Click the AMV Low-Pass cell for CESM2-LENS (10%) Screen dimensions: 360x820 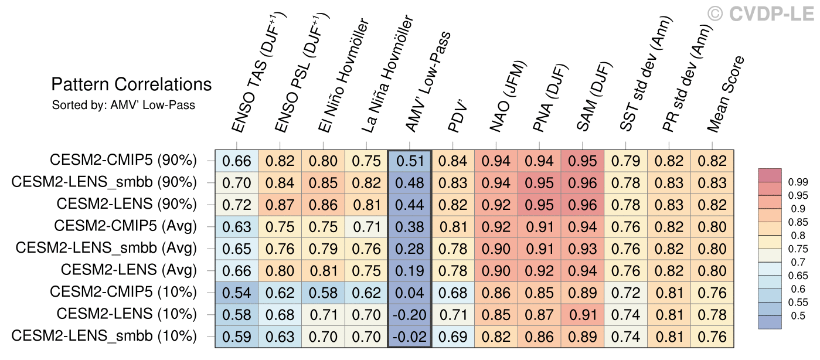pos(410,315)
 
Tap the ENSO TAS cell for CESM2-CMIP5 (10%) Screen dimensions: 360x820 pos(236,293)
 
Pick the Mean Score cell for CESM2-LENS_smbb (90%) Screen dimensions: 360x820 pos(712,183)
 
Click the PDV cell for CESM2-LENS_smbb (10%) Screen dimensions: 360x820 pos(453,337)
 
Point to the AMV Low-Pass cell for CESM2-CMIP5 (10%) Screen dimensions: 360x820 pos(410,293)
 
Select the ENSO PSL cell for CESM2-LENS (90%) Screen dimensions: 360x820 pos(280,205)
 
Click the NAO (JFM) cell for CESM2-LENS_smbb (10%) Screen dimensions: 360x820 pos(496,337)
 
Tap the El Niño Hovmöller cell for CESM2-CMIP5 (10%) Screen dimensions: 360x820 pos(323,293)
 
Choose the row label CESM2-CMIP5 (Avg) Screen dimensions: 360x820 pos(125,226)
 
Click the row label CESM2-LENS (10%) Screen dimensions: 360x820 pos(127,314)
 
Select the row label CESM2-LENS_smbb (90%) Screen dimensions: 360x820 pos(104,182)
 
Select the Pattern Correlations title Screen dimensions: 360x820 pos(131,84)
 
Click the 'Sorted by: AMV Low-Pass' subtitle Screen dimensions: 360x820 pos(123,106)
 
